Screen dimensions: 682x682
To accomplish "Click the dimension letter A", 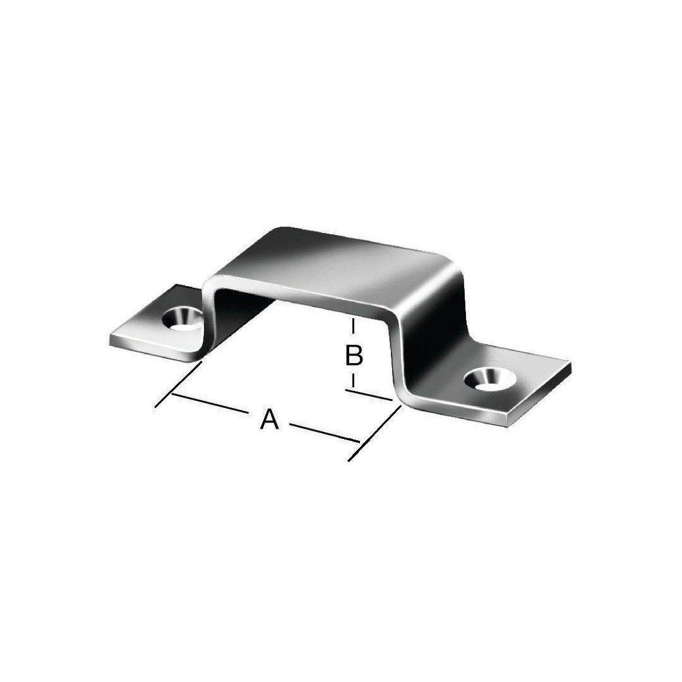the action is [x=269, y=419].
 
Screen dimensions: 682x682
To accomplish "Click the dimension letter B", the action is [x=354, y=355].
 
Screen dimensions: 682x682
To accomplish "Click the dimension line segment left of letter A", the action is [x=210, y=403].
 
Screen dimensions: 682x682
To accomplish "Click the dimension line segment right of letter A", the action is [x=325, y=433].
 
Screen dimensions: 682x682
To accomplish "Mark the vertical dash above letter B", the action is [x=353, y=328].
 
